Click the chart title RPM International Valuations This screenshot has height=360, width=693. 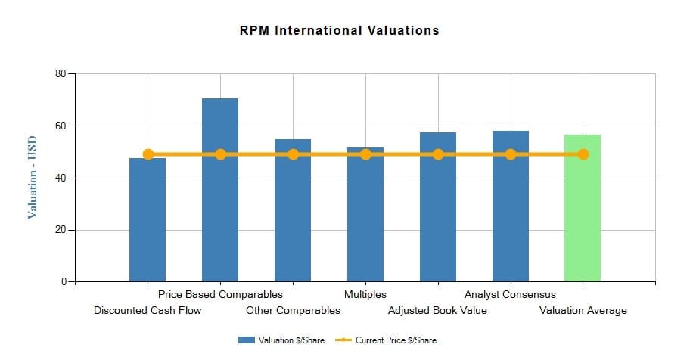coord(339,31)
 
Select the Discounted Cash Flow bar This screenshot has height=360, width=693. coord(148,219)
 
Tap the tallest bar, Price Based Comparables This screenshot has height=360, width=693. coord(220,190)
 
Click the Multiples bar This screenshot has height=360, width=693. coord(365,215)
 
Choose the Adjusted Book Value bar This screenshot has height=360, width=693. coord(438,207)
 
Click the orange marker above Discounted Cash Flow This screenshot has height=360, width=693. coord(148,154)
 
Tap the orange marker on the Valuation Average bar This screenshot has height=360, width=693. coord(583,154)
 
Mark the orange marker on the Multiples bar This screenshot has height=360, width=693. coord(365,154)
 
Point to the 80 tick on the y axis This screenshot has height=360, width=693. coord(60,74)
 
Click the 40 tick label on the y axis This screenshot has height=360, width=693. coord(60,178)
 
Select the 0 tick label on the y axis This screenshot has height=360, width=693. coord(63,282)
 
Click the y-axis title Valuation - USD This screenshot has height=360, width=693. coord(33,178)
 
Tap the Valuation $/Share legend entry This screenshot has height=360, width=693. coord(281,340)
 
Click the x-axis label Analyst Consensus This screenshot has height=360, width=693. coord(510,294)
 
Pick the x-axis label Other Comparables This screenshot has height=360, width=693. coord(293,310)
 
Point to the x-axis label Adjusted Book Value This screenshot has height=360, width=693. coord(437,310)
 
